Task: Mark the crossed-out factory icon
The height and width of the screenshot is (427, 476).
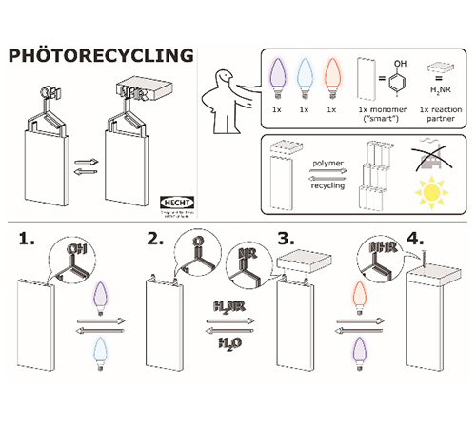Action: pos(431,160)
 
